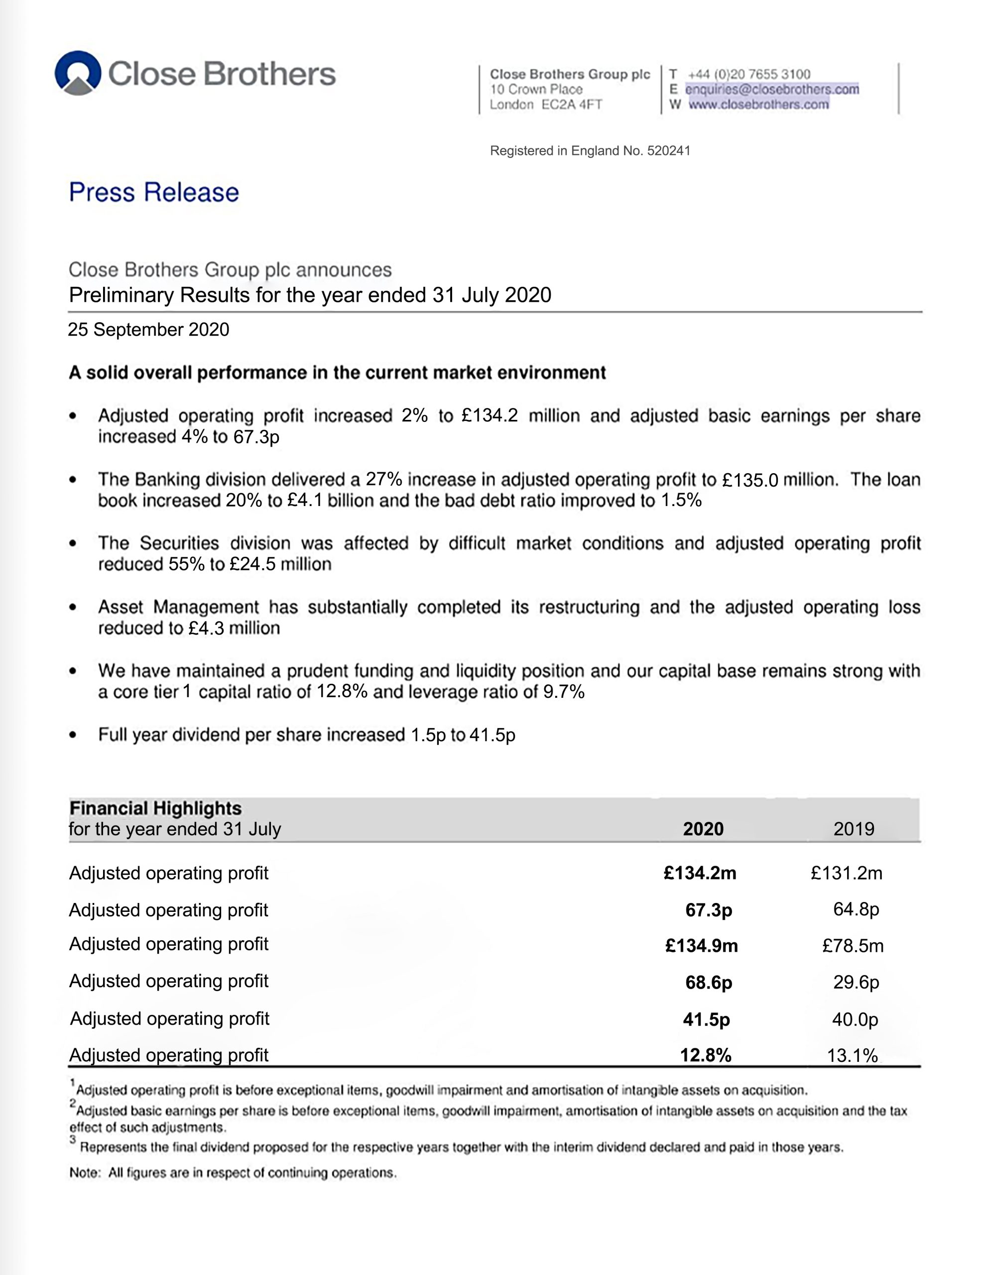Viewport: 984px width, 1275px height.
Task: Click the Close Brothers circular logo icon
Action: (x=78, y=73)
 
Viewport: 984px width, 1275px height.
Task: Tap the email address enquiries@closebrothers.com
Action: (x=771, y=89)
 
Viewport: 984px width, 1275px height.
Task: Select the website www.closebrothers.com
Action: (x=759, y=105)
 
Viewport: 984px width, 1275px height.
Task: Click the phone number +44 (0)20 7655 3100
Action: (x=749, y=74)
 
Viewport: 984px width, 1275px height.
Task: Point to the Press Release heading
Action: (x=154, y=192)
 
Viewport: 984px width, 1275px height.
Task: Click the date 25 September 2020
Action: (x=148, y=330)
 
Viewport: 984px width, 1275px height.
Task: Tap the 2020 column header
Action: (x=703, y=829)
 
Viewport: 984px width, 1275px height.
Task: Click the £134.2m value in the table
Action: (x=700, y=874)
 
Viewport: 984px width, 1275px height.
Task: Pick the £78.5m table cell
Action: (x=853, y=946)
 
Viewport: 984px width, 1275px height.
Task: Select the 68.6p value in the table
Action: (x=709, y=983)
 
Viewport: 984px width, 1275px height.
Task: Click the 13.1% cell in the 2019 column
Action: (x=852, y=1055)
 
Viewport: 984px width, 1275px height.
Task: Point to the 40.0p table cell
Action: (x=855, y=1020)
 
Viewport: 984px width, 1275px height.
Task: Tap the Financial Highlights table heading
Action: (x=155, y=808)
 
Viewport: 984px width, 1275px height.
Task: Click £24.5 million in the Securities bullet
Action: (x=280, y=564)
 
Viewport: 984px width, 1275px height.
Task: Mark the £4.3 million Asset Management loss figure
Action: (x=234, y=628)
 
